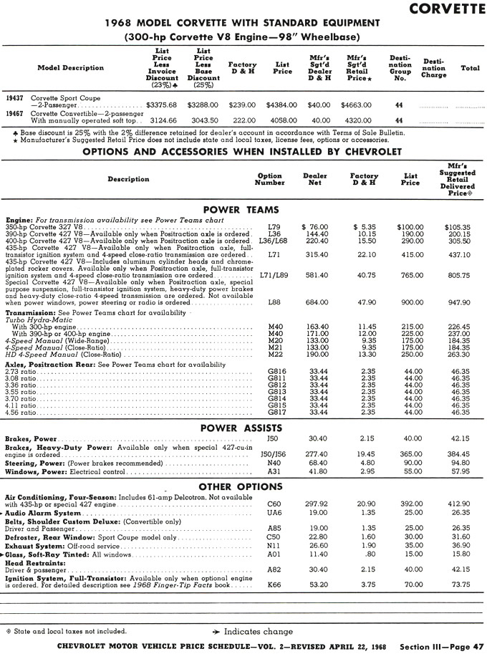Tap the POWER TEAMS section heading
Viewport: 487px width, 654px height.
tap(241, 209)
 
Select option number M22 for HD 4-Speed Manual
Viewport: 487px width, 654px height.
tap(275, 354)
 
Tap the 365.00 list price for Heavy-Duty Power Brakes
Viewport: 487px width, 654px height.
tap(410, 454)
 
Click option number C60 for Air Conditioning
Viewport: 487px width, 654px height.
tap(274, 504)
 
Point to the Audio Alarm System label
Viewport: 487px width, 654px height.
tap(43, 513)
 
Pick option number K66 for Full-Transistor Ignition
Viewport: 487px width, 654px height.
tap(274, 584)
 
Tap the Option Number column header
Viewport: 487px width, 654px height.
tap(269, 179)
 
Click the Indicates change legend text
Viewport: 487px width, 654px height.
tap(259, 631)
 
